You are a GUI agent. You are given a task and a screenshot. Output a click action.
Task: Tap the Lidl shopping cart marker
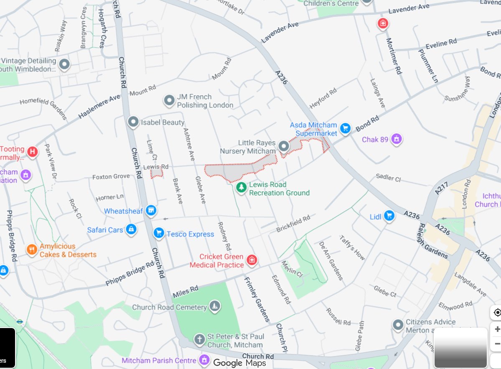point(389,216)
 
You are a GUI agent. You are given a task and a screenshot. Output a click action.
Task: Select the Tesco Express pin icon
point(158,233)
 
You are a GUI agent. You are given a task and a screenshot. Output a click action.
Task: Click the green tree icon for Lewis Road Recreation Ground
point(241,188)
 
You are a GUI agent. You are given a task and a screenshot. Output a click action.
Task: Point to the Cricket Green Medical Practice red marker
point(252,260)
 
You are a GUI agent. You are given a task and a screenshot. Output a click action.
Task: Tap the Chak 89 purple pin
point(397,139)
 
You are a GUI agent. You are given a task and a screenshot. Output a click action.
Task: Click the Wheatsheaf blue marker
point(151,211)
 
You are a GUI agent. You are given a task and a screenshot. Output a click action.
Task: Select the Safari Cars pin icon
point(132,229)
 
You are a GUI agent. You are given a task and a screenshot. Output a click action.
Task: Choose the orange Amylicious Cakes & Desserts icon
point(32,250)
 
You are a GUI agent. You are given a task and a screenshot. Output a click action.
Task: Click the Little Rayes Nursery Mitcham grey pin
point(284,146)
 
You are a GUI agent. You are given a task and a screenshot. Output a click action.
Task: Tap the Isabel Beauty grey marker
point(133,122)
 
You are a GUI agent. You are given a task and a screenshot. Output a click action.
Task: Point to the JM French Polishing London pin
point(169,100)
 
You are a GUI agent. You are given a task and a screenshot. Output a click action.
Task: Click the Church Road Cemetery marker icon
point(215,307)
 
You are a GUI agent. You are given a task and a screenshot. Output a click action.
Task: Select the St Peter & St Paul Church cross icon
point(200,339)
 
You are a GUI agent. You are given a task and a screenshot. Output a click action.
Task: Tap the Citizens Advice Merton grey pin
point(398,324)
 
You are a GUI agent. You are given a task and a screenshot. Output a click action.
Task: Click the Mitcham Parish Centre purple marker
point(204,359)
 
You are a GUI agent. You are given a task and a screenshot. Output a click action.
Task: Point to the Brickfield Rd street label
point(293,224)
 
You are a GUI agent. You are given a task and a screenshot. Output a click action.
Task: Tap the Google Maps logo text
point(239,363)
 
